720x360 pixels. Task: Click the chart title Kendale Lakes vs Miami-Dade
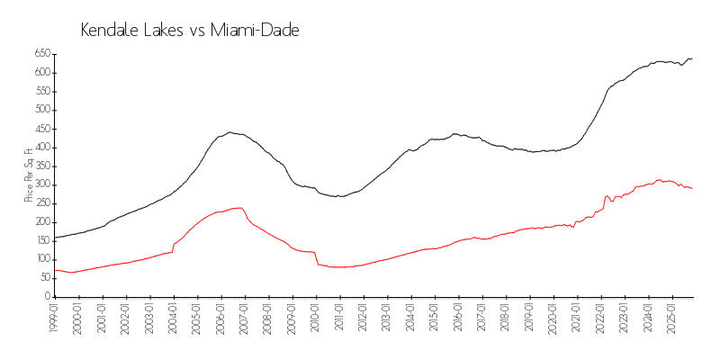(190, 31)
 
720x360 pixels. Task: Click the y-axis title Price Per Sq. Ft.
(29, 175)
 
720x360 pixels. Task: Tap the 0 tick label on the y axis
(44, 296)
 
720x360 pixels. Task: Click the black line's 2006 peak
(230, 132)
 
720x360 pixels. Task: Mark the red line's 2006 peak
(239, 208)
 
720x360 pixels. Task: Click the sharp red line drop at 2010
(317, 258)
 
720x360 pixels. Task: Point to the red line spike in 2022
(607, 195)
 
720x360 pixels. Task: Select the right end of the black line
(692, 58)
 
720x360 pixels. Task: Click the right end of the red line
(692, 188)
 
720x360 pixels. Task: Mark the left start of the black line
(54, 238)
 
